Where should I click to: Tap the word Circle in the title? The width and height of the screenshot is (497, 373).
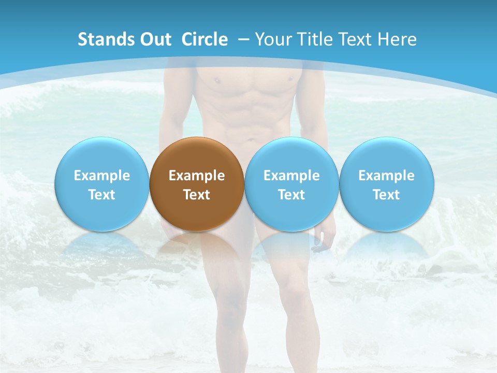pyautogui.click(x=204, y=39)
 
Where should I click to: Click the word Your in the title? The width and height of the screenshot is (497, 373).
pyautogui.click(x=273, y=39)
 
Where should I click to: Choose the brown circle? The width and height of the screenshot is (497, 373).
pyautogui.click(x=197, y=184)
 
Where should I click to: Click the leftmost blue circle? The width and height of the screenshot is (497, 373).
pyautogui.click(x=101, y=184)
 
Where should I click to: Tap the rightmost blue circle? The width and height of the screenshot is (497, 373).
pyautogui.click(x=386, y=184)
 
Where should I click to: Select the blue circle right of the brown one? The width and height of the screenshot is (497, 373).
pyautogui.click(x=291, y=184)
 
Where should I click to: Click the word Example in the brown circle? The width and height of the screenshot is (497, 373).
pyautogui.click(x=197, y=176)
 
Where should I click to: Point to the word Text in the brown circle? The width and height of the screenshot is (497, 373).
pyautogui.click(x=197, y=195)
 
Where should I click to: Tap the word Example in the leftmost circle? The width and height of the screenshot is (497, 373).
pyautogui.click(x=101, y=176)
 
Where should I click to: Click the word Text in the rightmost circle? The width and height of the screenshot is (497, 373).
pyautogui.click(x=386, y=195)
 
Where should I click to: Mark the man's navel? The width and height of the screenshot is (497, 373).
pyautogui.click(x=251, y=139)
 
